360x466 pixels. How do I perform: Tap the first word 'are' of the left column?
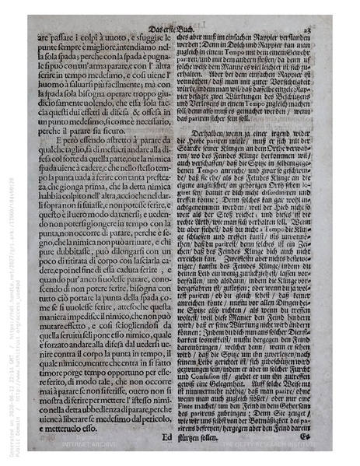coord(44,37)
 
